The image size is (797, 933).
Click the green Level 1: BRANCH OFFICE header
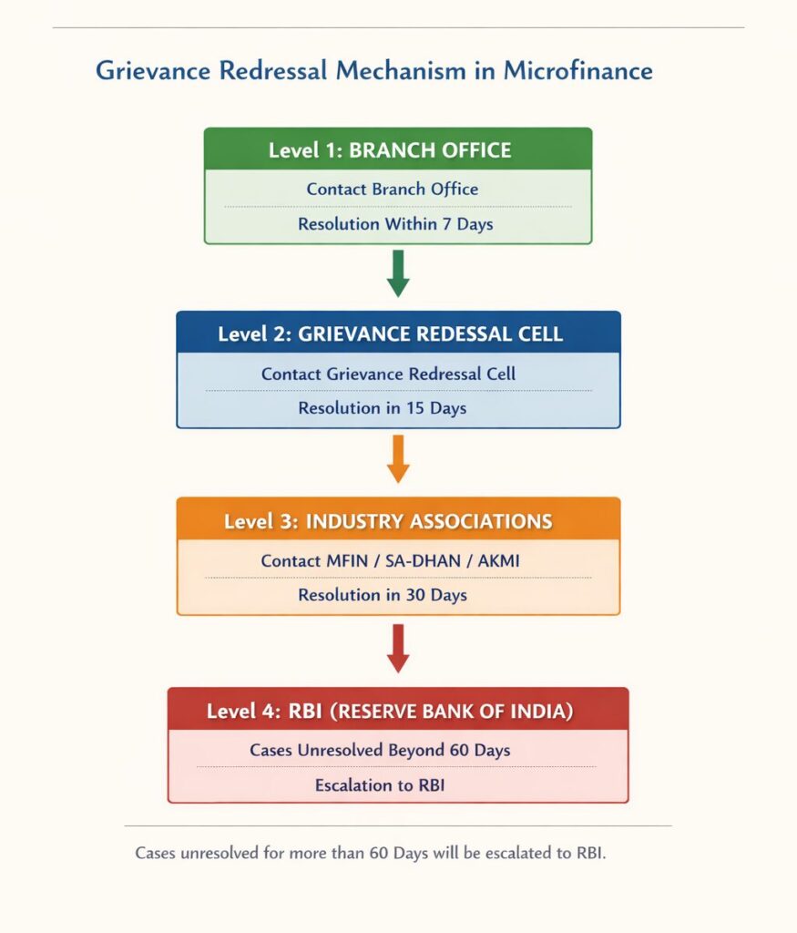pyautogui.click(x=397, y=149)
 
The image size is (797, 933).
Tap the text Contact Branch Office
pyautogui.click(x=392, y=190)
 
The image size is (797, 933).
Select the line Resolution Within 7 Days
pyautogui.click(x=395, y=223)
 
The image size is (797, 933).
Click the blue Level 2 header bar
pyautogui.click(x=398, y=333)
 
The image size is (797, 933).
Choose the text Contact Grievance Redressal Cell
pyautogui.click(x=388, y=374)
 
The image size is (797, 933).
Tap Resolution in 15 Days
pyautogui.click(x=382, y=408)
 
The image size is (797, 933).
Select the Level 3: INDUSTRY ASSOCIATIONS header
pyautogui.click(x=398, y=521)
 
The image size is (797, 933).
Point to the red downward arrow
pyautogui.click(x=398, y=647)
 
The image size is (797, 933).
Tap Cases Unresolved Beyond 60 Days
pyautogui.click(x=379, y=751)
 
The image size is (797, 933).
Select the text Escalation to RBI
pyautogui.click(x=379, y=784)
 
